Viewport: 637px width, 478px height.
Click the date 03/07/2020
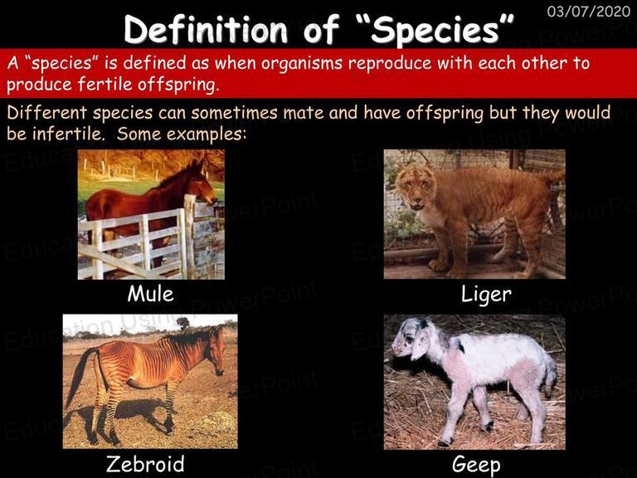588,11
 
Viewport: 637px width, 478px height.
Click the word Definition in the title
206,29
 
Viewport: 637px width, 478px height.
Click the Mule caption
151,294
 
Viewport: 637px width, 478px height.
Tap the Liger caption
486,295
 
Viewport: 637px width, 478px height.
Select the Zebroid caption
145,464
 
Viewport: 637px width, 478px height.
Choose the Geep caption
476,465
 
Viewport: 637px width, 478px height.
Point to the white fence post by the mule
189,236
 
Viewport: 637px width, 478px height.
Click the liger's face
413,189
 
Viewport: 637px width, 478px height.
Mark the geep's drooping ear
420,347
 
